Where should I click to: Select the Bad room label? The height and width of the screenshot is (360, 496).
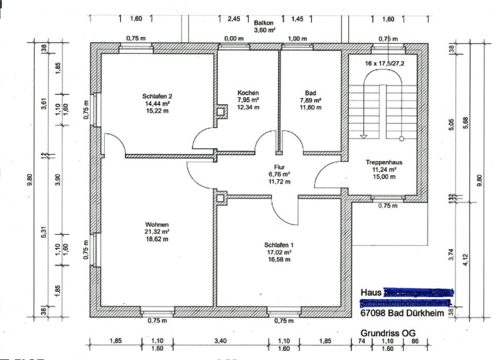pyautogui.click(x=311, y=93)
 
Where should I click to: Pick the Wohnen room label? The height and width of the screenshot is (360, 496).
pyautogui.click(x=157, y=225)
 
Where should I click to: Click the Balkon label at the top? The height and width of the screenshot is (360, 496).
pyautogui.click(x=264, y=23)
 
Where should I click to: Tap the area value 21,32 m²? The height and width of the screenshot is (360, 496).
pyautogui.click(x=157, y=232)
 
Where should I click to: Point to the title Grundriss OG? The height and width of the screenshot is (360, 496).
pyautogui.click(x=388, y=333)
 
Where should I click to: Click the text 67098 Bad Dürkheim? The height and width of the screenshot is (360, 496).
pyautogui.click(x=401, y=314)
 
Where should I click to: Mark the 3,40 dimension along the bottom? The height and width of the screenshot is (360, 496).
pyautogui.click(x=221, y=341)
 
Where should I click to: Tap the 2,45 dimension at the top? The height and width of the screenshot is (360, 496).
pyautogui.click(x=234, y=19)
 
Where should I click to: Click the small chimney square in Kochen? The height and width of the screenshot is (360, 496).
pyautogui.click(x=221, y=111)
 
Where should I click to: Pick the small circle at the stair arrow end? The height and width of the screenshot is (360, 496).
pyautogui.click(x=401, y=138)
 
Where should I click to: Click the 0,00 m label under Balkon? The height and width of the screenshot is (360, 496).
pyautogui.click(x=234, y=39)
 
